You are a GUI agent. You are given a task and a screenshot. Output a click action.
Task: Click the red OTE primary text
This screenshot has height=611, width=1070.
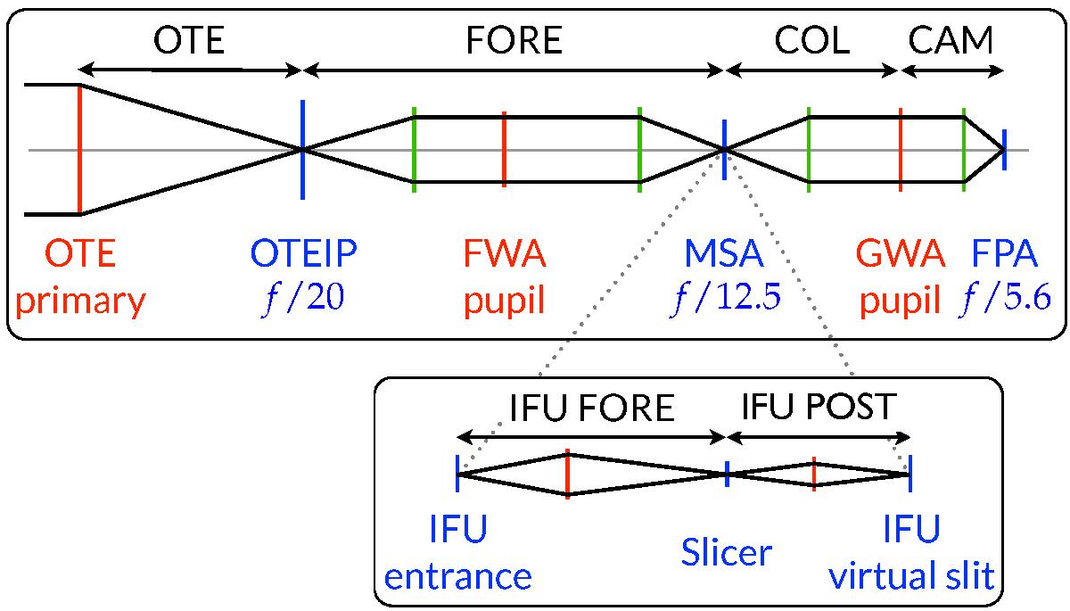(80, 278)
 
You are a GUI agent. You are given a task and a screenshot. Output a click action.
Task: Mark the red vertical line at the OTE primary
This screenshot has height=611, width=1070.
(80, 150)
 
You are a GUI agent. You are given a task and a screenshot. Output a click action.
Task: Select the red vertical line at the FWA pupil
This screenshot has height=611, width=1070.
(504, 149)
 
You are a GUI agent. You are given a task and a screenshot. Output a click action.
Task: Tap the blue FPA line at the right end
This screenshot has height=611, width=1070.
(1004, 149)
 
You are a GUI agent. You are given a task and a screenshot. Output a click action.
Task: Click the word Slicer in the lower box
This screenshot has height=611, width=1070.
(726, 554)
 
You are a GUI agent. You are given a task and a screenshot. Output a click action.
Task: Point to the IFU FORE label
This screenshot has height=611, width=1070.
(592, 409)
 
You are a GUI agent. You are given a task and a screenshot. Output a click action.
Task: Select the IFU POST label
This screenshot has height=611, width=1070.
(819, 409)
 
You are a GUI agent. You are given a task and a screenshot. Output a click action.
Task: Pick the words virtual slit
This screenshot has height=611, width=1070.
(911, 576)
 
